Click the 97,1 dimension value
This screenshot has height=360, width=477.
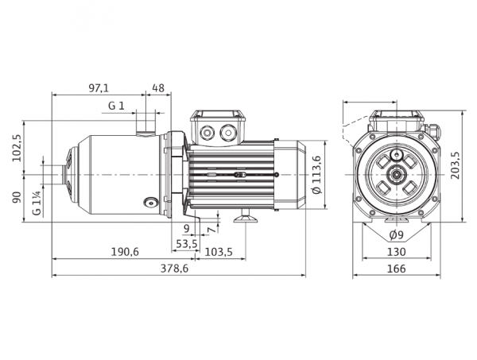click(99, 88)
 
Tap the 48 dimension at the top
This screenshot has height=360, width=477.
click(158, 88)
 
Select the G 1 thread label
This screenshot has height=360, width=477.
click(117, 106)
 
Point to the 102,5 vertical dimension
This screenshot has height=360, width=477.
click(17, 148)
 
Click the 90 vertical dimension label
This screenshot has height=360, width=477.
click(17, 197)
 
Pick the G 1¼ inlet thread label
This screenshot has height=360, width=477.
click(37, 203)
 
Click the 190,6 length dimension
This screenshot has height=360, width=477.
click(125, 252)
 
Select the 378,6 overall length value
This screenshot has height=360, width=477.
click(175, 269)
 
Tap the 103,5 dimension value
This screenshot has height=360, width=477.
click(219, 252)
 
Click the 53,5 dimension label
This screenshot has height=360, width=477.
click(187, 243)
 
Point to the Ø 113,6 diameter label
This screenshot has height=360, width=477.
click(317, 175)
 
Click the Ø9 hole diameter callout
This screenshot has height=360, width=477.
click(396, 234)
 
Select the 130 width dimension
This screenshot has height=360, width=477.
click(397, 252)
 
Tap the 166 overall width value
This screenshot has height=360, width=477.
click(397, 269)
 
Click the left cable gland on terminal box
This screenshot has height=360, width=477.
click(207, 132)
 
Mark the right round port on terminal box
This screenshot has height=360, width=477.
click(227, 132)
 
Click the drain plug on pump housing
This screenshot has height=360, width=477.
click(150, 202)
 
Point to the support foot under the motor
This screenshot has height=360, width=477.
click(246, 216)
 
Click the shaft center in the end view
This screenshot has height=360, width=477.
click(397, 175)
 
